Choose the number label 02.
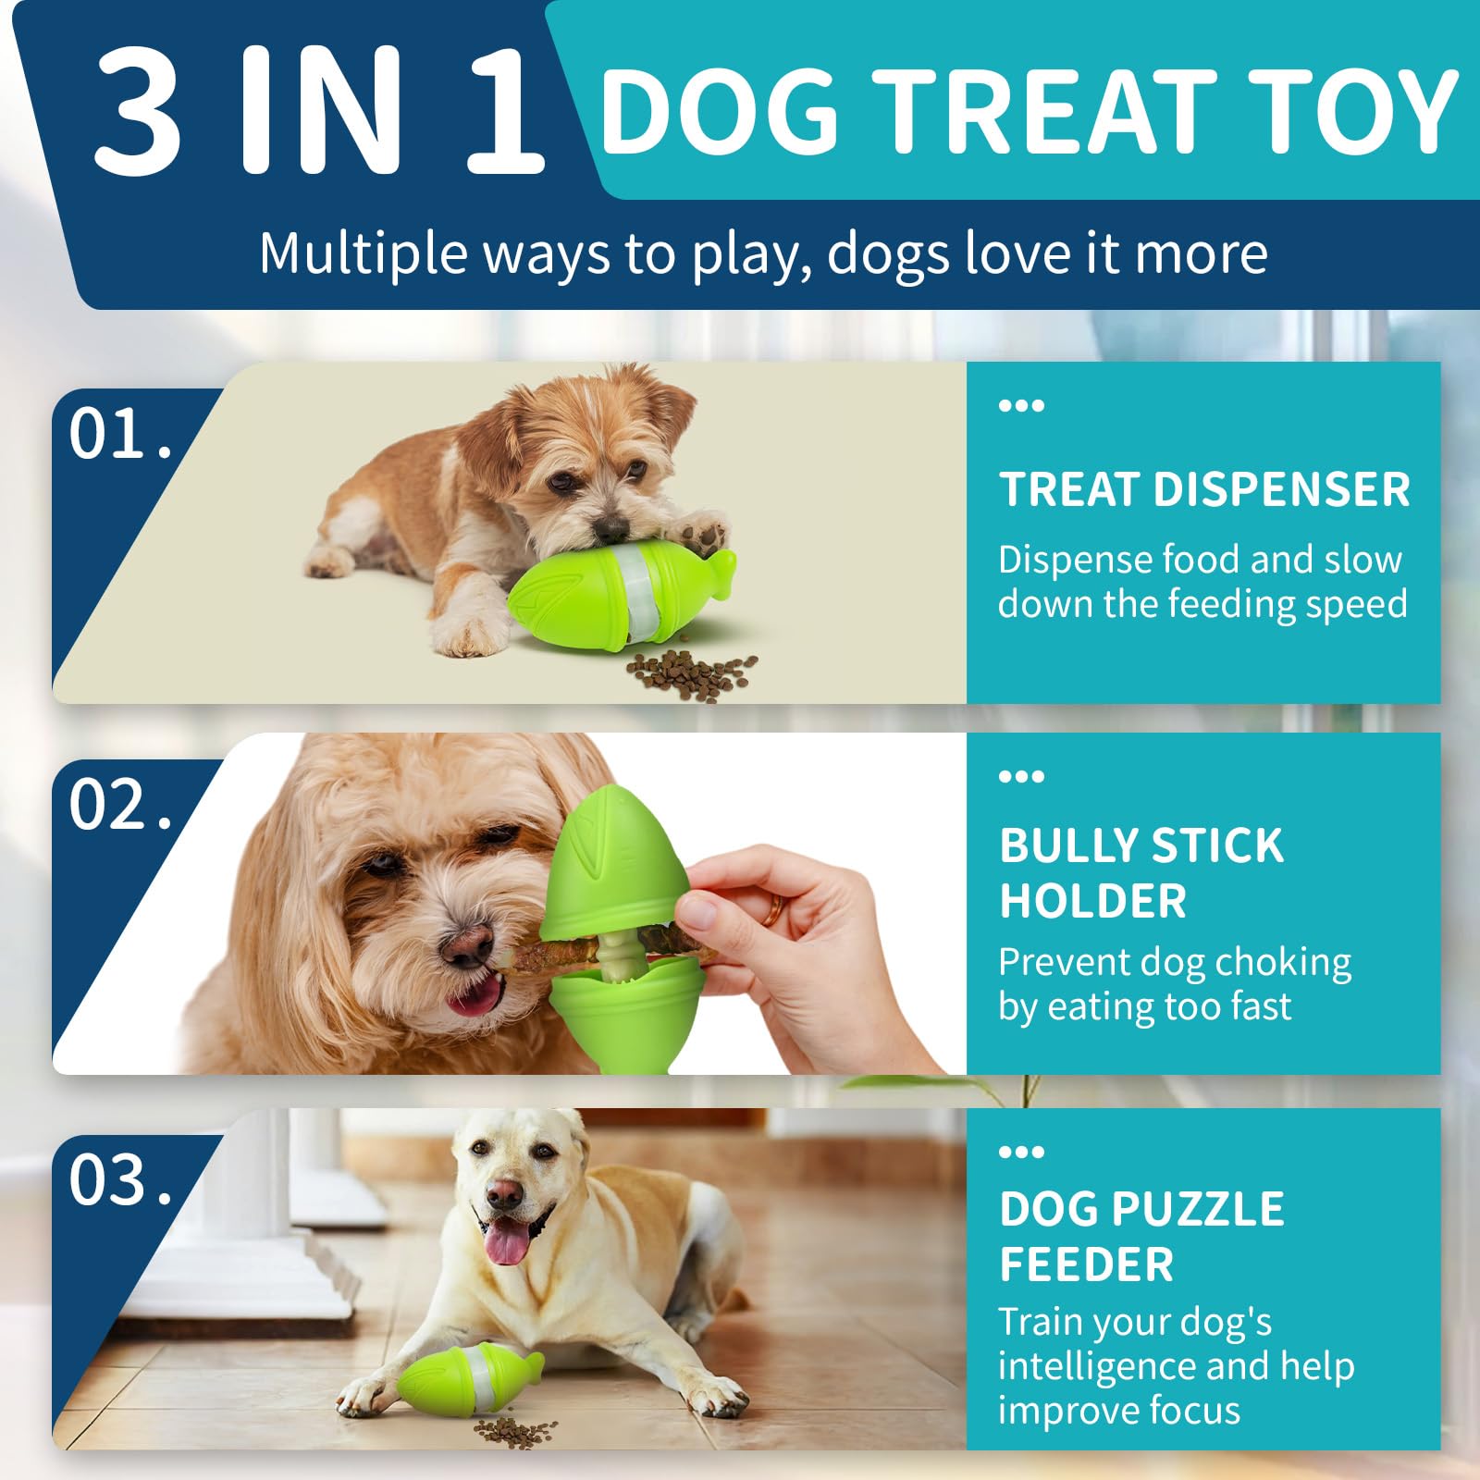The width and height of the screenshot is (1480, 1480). click(120, 804)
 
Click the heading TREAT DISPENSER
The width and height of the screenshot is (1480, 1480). click(1204, 489)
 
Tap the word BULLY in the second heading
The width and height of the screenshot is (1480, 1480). click(1058, 845)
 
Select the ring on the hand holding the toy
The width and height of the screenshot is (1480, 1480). click(773, 910)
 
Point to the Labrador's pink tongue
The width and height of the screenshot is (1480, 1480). click(507, 1241)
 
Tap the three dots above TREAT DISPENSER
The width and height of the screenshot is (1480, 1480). click(1021, 405)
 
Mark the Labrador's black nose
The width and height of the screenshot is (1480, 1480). click(505, 1194)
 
